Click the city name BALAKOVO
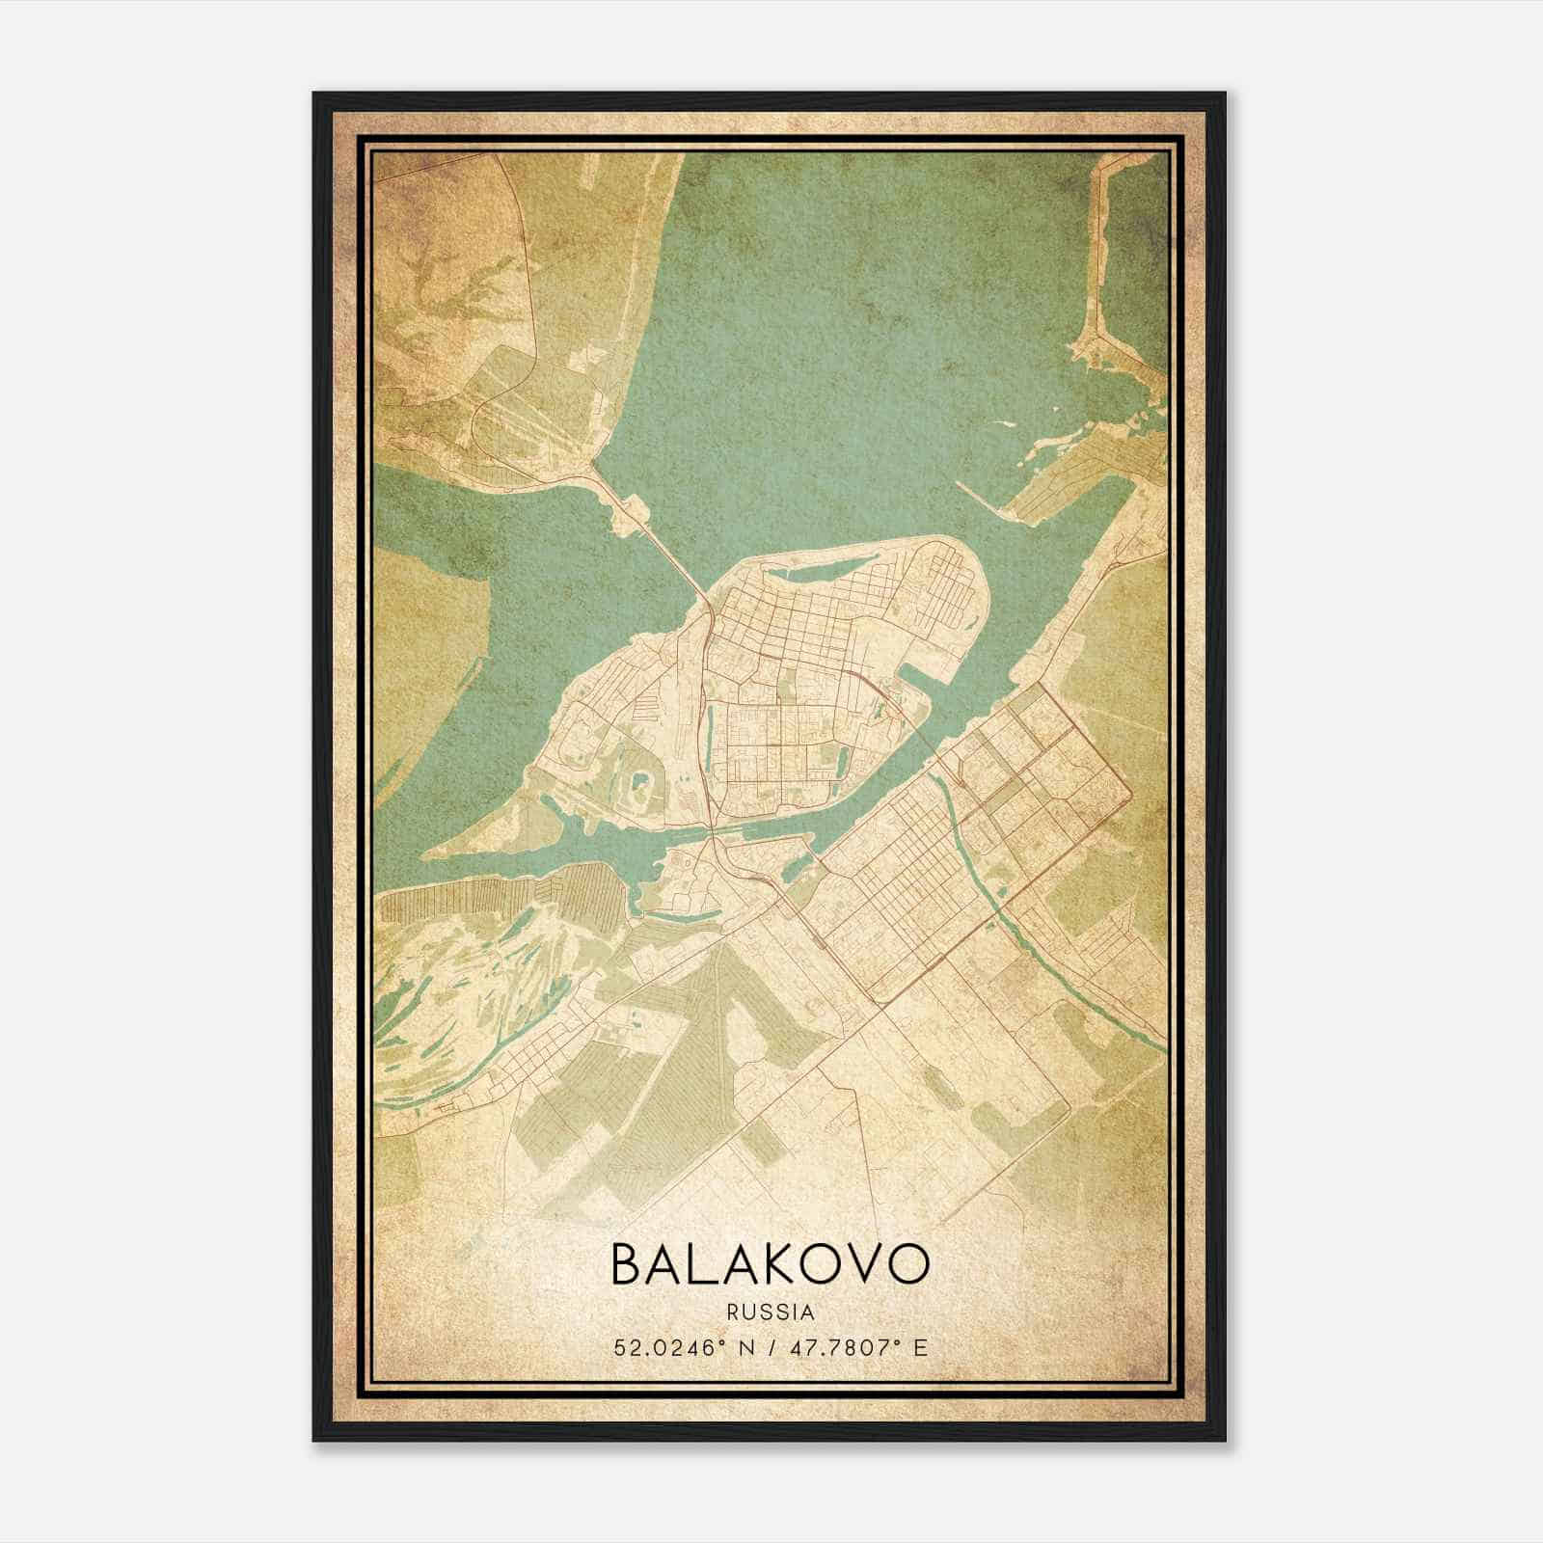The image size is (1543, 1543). coord(771,1264)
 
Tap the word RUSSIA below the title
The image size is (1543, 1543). coord(771,1313)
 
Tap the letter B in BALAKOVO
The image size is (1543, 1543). coord(628,1264)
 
